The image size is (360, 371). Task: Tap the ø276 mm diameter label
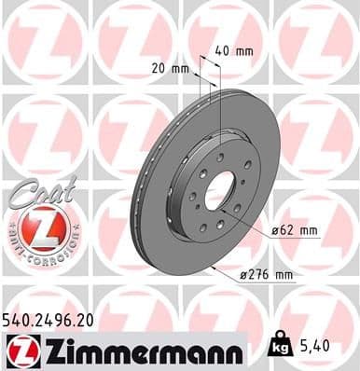pos(267,276)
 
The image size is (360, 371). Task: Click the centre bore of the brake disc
pos(220,193)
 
